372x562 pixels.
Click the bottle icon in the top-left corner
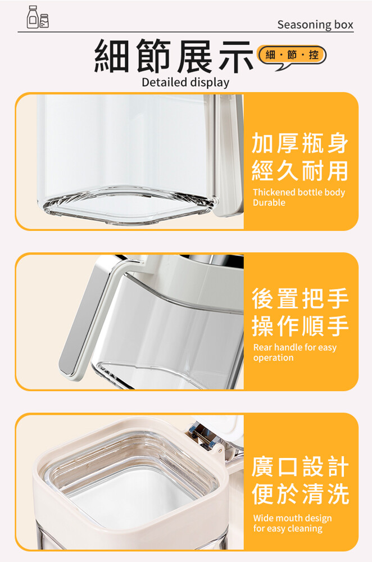[x=38, y=17]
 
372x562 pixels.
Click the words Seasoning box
[x=315, y=24]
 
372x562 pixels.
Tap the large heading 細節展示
[x=174, y=56]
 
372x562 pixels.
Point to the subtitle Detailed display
[x=185, y=82]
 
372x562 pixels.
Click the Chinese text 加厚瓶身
[x=300, y=143]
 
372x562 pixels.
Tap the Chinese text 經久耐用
[x=300, y=171]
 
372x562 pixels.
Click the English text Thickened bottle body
[x=299, y=192]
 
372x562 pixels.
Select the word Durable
[x=269, y=202]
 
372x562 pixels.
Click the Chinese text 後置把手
[x=300, y=298]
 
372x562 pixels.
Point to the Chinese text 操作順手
[x=300, y=326]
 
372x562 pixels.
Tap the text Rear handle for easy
[x=295, y=348]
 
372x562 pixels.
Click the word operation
[x=274, y=357]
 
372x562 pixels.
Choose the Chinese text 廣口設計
[x=300, y=466]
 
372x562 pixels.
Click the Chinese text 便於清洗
[x=300, y=494]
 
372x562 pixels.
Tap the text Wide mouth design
[x=292, y=518]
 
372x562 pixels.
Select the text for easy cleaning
[x=288, y=529]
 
